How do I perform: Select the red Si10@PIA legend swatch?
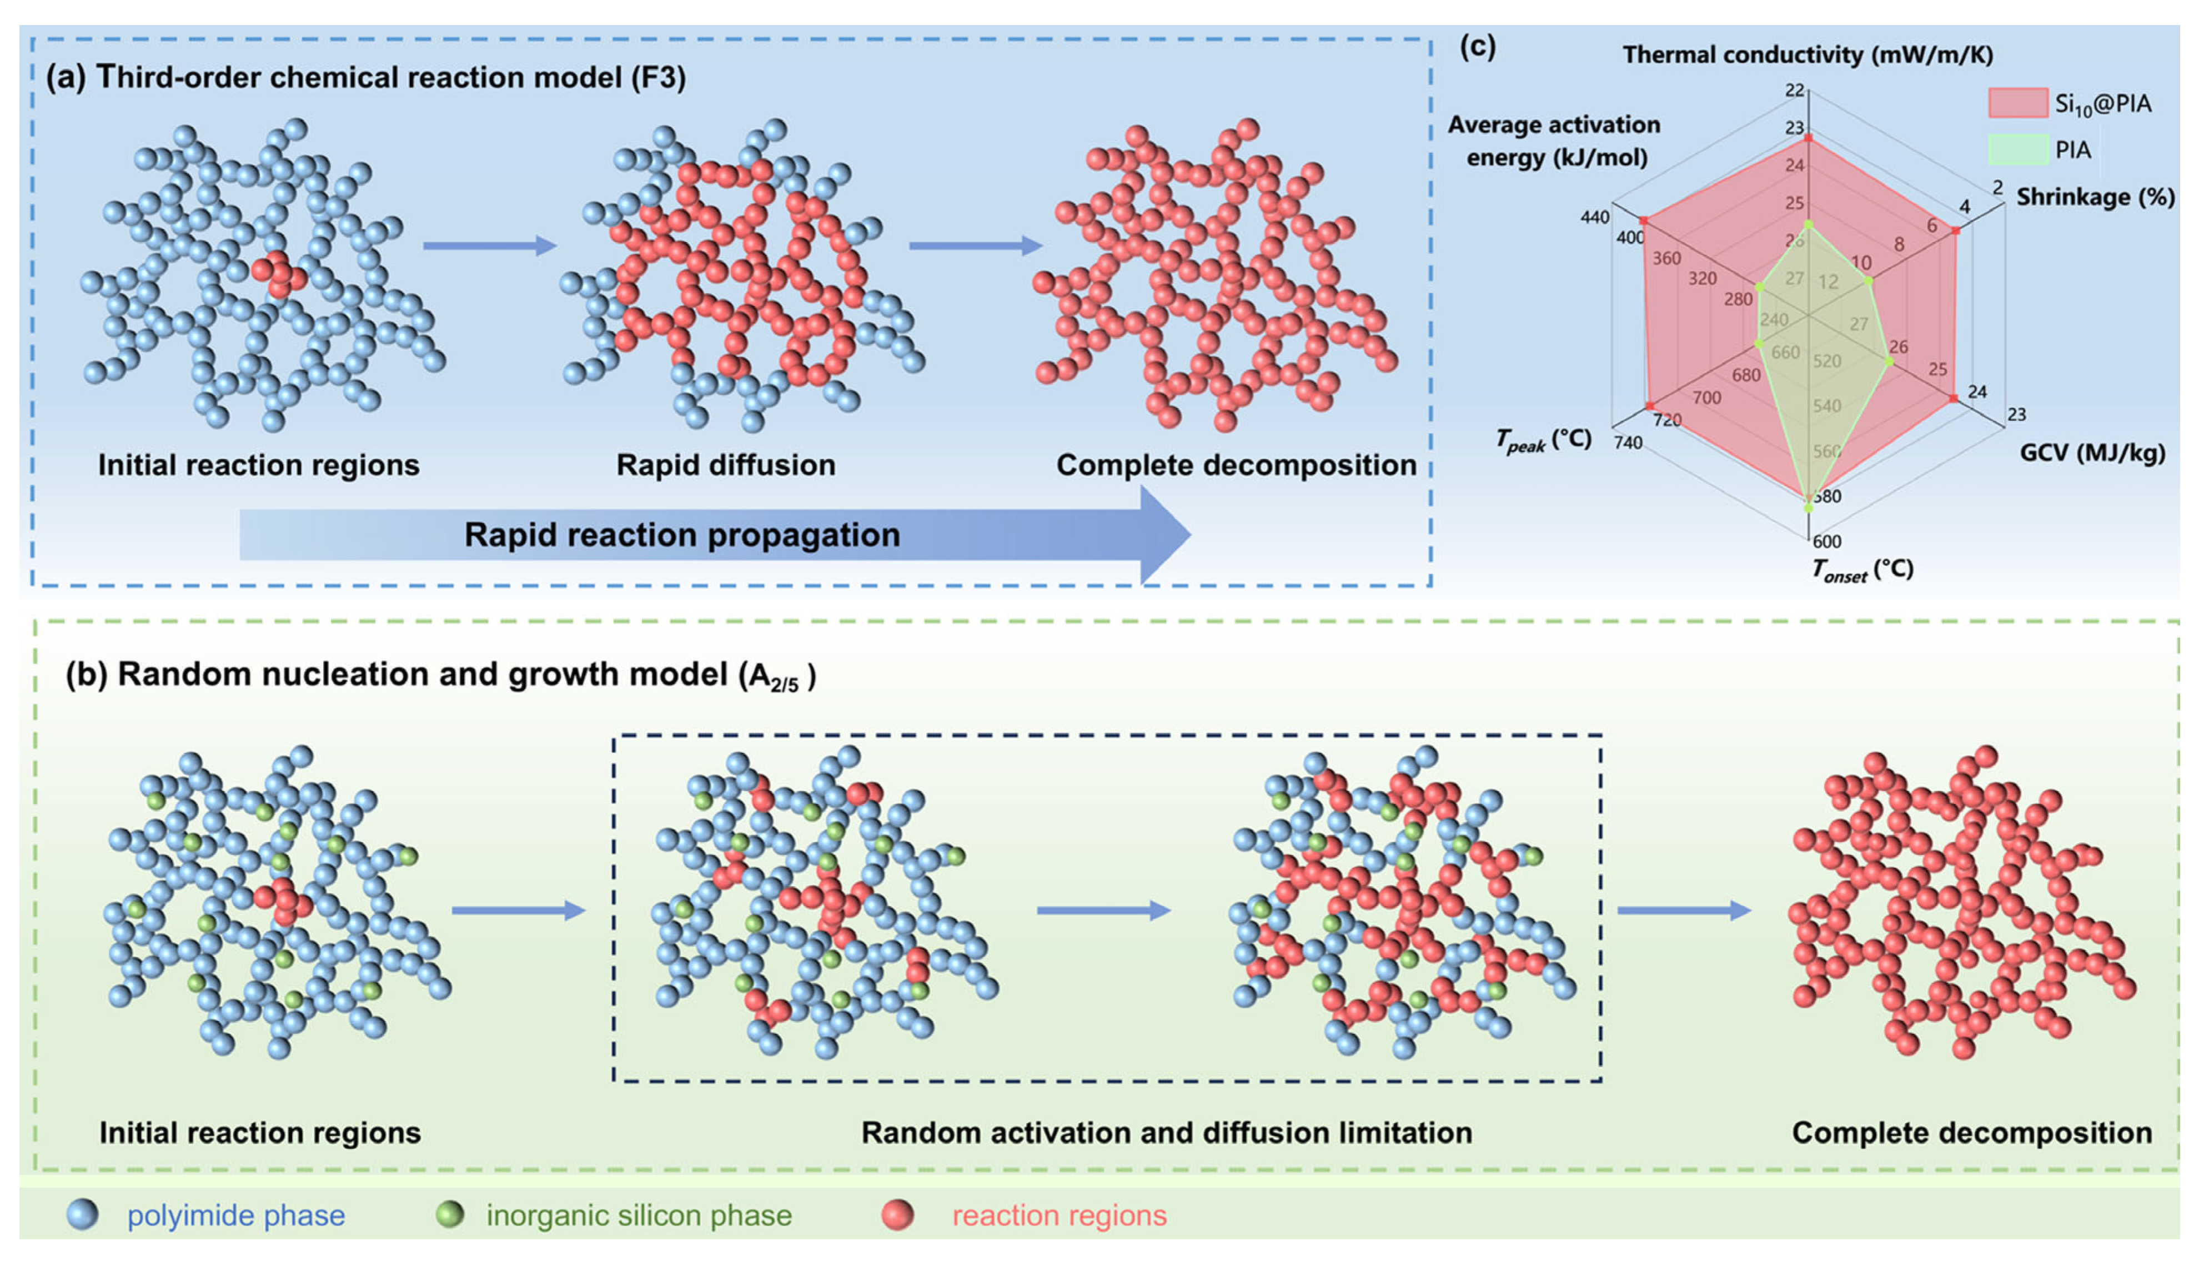[x=2017, y=103]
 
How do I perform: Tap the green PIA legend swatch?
[x=2017, y=149]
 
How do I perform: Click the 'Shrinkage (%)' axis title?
[x=2095, y=197]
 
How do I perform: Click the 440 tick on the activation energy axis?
[x=1594, y=217]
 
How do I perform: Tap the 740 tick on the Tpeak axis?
[x=1628, y=443]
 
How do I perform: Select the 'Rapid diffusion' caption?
[x=726, y=465]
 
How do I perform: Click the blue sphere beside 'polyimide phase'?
[x=83, y=1214]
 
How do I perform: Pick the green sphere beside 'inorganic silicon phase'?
[x=450, y=1214]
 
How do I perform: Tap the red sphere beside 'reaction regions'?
[x=897, y=1214]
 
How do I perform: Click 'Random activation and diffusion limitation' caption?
[x=1167, y=1133]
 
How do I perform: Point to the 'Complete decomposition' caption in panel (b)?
[x=1972, y=1133]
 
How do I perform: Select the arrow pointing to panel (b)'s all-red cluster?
[x=1683, y=911]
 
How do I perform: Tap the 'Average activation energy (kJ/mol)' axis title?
[x=1554, y=141]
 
